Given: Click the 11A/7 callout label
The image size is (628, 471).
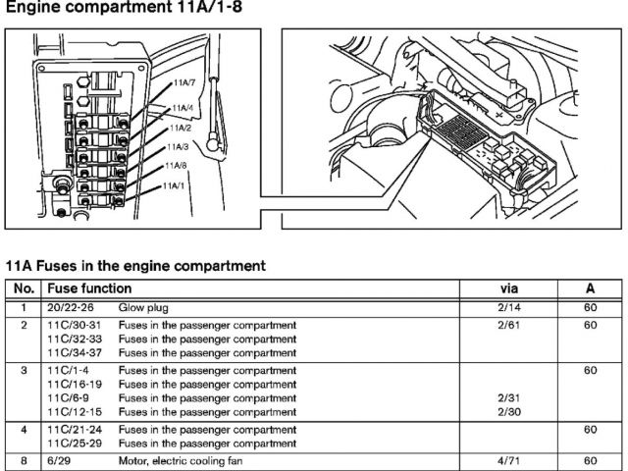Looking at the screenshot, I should [183, 83].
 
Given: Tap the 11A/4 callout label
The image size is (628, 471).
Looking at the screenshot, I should [182, 107].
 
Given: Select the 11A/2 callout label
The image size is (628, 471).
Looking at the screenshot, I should [180, 128].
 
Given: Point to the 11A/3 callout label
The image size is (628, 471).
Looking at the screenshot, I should [178, 146].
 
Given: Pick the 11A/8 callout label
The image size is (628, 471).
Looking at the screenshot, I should [177, 165].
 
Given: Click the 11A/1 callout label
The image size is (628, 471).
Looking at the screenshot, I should [174, 184].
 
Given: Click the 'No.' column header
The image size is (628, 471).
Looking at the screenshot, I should [25, 288].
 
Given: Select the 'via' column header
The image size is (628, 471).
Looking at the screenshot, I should [510, 288].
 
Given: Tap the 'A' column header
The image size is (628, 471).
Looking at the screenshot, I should [590, 288].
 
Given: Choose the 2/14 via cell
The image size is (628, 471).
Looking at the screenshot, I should [509, 308].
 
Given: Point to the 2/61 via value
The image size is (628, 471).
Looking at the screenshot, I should [509, 325].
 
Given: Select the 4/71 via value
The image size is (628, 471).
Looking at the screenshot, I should [509, 460].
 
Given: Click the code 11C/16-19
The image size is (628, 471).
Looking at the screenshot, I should [74, 385].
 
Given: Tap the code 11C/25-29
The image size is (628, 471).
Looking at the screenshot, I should [74, 443].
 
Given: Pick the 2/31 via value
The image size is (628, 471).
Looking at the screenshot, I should [509, 398].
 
